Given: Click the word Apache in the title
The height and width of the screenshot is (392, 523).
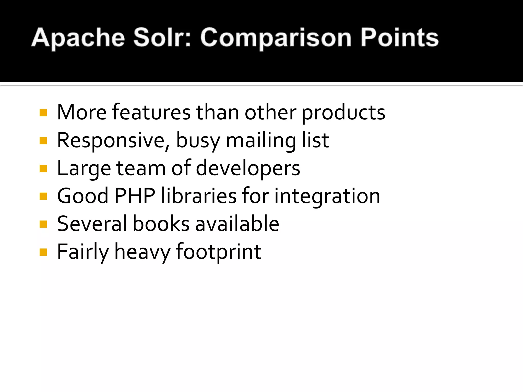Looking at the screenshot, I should tap(78, 38).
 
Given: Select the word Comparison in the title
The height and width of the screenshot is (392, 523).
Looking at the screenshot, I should tap(276, 38).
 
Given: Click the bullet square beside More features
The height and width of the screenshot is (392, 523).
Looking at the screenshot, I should tap(43, 113).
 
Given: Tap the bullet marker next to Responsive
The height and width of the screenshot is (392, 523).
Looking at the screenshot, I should tap(43, 141).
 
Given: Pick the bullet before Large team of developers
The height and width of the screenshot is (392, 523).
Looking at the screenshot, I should tap(43, 168).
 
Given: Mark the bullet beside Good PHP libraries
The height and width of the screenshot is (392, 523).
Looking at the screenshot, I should tap(43, 196).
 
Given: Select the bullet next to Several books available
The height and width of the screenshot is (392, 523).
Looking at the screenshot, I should tap(43, 224).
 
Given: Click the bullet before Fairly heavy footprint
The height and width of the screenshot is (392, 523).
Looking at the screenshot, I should tap(43, 252).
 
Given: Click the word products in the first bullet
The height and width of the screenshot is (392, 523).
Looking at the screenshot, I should tap(343, 113).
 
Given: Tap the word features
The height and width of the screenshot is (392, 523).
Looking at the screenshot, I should tap(151, 112).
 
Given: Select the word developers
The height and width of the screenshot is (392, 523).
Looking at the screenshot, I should tap(248, 169).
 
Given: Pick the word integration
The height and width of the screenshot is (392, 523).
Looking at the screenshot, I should tap(327, 197).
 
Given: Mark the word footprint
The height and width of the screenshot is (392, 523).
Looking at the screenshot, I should tap(219, 252).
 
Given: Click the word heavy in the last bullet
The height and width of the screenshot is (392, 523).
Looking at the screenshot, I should tap(142, 252).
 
